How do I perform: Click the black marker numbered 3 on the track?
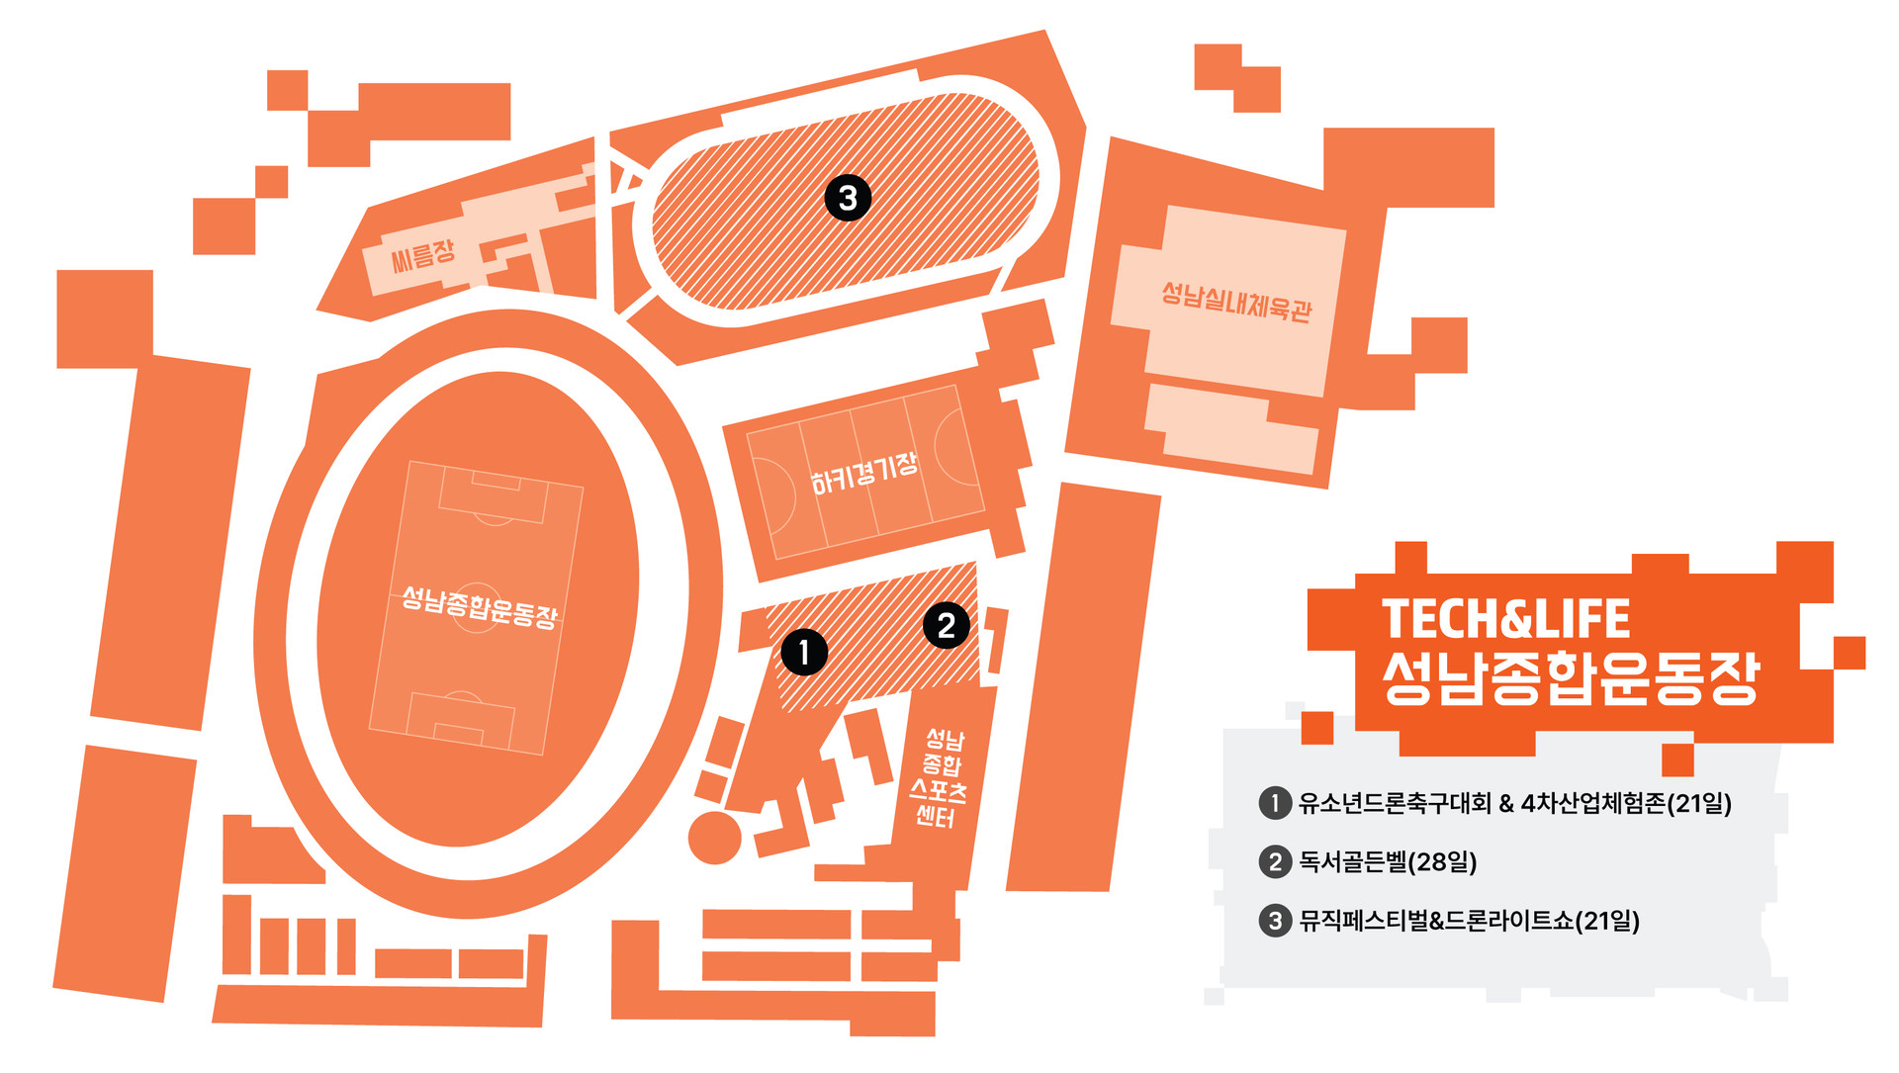click(x=848, y=198)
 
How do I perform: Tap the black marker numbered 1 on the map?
click(x=804, y=652)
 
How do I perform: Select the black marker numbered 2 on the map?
click(x=946, y=625)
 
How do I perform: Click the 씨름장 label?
click(x=422, y=255)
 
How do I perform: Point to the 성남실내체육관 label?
click(x=1235, y=300)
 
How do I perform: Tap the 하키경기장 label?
click(x=863, y=474)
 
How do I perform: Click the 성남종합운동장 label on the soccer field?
click(x=480, y=606)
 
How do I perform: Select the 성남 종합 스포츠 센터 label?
click(x=940, y=777)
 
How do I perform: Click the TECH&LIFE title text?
click(x=1505, y=619)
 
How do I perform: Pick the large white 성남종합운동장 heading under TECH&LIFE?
click(x=1571, y=677)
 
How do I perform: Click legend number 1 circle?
click(x=1275, y=802)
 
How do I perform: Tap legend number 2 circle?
click(x=1275, y=861)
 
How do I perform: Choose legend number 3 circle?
click(x=1275, y=921)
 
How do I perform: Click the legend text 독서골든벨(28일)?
click(x=1388, y=861)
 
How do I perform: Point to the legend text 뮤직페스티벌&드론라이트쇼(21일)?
click(x=1469, y=921)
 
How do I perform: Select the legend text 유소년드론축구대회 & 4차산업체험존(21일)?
click(x=1514, y=802)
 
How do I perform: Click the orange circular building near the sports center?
click(x=714, y=837)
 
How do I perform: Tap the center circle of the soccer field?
click(x=477, y=605)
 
